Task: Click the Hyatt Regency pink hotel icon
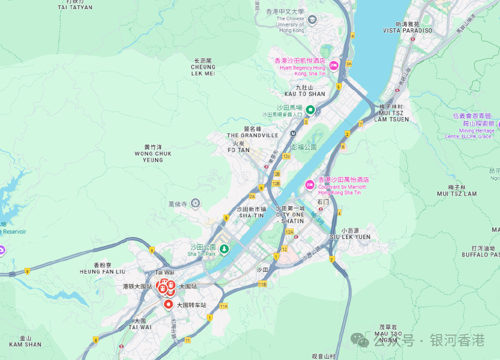pos(334,65)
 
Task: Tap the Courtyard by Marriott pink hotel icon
pos(310,185)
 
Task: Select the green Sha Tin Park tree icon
pos(224,250)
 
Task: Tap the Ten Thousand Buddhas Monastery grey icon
pos(195,203)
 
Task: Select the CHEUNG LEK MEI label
pos(203,70)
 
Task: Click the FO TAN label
pos(238,150)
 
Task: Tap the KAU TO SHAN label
pos(305,94)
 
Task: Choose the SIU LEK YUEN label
pos(350,237)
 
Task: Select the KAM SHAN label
pos(25,344)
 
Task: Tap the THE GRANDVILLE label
pos(252,135)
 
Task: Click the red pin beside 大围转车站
pos(168,305)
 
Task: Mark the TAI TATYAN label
pos(75,7)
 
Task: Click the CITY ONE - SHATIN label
pos(290,218)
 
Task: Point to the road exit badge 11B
pos(263,284)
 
